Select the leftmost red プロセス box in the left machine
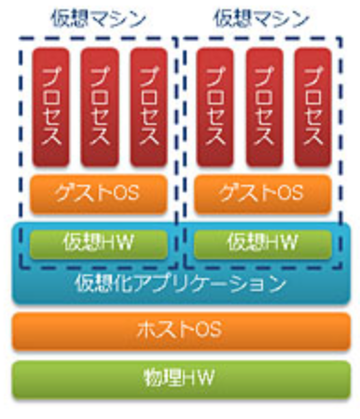click(x=50, y=105)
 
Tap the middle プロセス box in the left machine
click(x=99, y=105)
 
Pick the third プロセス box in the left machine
click(x=148, y=105)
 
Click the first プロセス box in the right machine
click(x=215, y=105)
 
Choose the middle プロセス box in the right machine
click(x=265, y=105)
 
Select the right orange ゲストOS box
click(x=264, y=193)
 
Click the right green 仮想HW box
click(x=264, y=243)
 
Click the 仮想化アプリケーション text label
click(x=181, y=282)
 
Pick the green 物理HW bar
click(x=181, y=379)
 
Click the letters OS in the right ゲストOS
click(x=289, y=193)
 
